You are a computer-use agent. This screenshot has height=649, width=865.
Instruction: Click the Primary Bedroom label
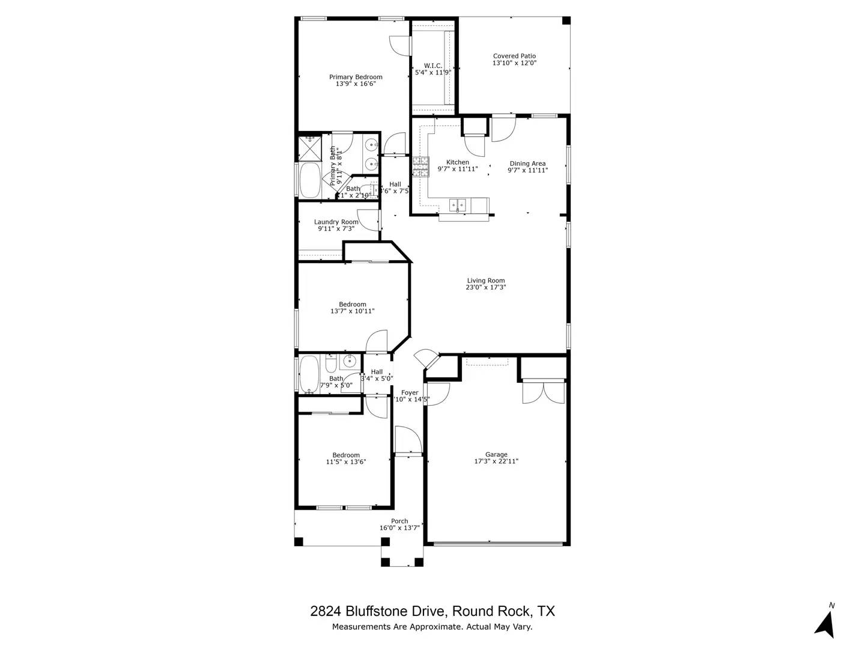[356, 77]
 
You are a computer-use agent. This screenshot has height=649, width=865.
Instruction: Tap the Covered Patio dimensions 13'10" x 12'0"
[514, 63]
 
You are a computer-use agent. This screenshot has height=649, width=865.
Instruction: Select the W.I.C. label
[433, 66]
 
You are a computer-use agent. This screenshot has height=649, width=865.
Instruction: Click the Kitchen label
[458, 162]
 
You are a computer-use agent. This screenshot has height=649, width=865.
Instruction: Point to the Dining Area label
[527, 163]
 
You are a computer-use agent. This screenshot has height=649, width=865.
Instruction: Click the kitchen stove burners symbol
[420, 166]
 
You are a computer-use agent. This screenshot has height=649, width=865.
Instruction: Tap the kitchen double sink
[458, 205]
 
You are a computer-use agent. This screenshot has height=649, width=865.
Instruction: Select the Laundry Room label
[336, 222]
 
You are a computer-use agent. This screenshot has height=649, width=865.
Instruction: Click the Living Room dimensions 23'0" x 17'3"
[486, 288]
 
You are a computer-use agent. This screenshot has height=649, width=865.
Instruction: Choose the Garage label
[496, 454]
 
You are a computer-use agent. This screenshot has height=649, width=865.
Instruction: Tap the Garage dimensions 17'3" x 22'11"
[496, 462]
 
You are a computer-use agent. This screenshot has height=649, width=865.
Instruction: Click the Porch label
[399, 521]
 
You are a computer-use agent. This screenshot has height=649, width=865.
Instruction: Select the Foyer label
[410, 392]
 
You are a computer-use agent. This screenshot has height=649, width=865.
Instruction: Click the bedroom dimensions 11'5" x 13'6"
[346, 462]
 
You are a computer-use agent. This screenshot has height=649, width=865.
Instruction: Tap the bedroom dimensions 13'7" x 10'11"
[352, 311]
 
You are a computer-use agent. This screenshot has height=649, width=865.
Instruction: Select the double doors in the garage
[543, 392]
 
